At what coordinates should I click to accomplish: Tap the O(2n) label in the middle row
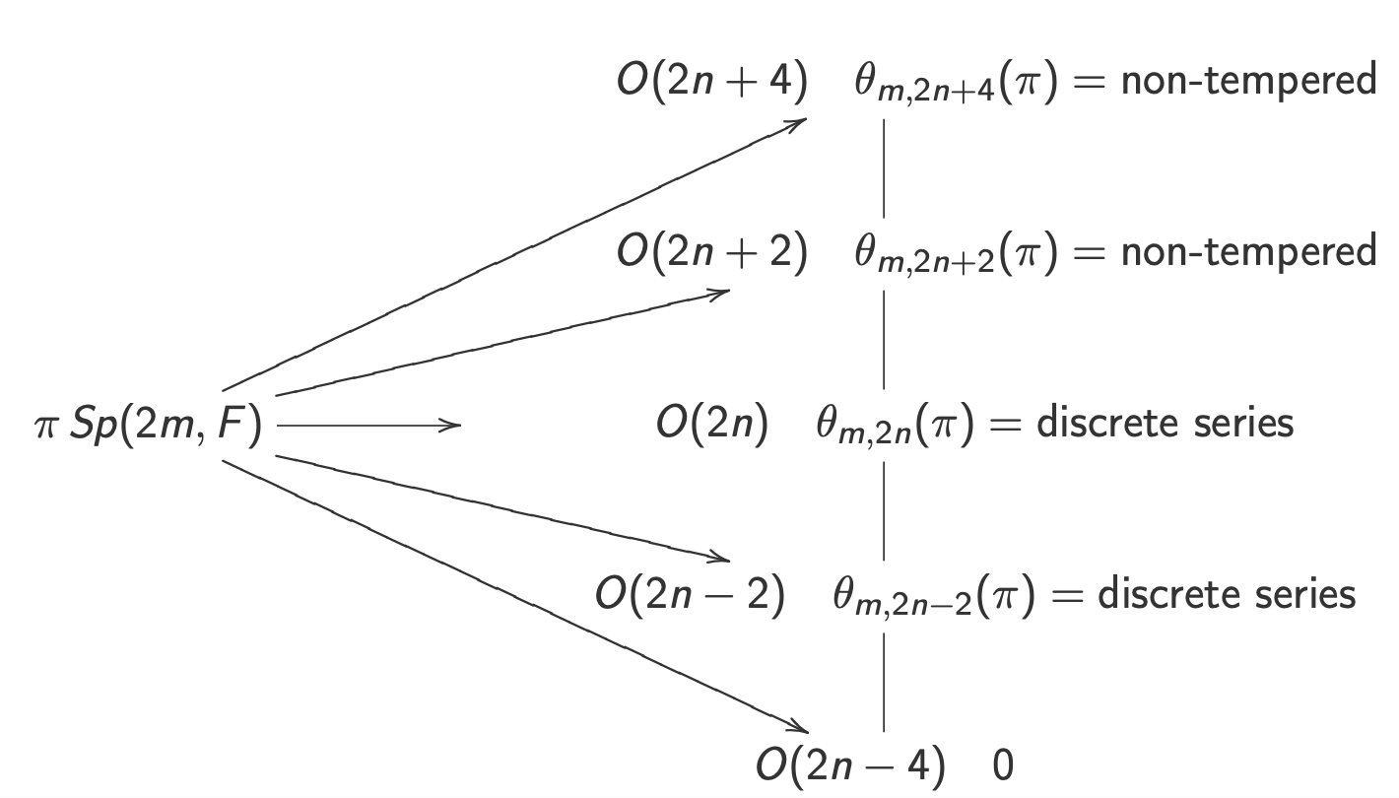coord(711,424)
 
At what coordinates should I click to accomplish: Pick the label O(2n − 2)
coord(690,595)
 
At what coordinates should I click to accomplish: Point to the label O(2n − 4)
coord(849,765)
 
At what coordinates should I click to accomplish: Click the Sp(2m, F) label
coord(166,426)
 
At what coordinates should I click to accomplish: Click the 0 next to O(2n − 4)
coord(1003,766)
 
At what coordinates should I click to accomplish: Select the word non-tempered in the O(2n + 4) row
coord(1248,80)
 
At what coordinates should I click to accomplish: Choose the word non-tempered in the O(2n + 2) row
coord(1248,251)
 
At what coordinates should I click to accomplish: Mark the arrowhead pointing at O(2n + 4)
coord(800,122)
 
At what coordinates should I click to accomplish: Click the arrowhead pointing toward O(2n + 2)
coord(722,292)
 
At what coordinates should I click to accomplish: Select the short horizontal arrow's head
coord(454,426)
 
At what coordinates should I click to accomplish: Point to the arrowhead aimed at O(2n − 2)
coord(722,559)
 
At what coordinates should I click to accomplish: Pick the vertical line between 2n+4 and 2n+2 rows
coord(884,167)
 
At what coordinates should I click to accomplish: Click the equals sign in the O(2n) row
coord(1002,425)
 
